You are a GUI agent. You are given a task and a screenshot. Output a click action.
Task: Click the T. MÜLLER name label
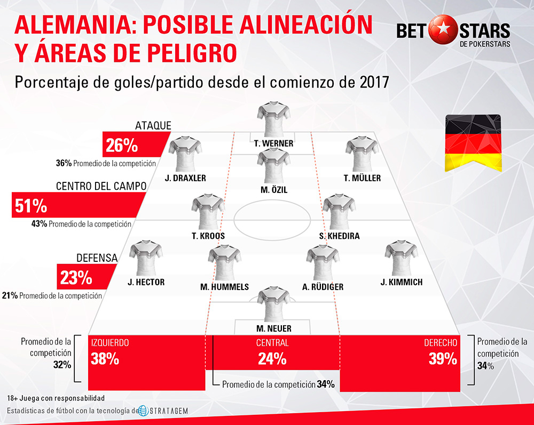363,178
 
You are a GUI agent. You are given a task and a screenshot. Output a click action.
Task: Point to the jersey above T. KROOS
208,211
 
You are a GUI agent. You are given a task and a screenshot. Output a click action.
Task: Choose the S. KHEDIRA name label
339,236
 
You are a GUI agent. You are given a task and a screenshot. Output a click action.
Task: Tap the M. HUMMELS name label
224,287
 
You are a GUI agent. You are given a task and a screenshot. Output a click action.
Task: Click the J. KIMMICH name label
402,282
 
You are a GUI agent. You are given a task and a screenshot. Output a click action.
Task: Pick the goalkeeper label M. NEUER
273,328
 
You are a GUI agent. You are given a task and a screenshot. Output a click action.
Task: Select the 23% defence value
76,278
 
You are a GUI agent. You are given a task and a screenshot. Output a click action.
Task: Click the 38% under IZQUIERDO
105,359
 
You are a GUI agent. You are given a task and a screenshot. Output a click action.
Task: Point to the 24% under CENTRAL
272,359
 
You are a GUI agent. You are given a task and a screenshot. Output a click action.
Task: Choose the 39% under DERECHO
443,359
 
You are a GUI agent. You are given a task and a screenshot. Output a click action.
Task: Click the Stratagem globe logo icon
142,411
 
